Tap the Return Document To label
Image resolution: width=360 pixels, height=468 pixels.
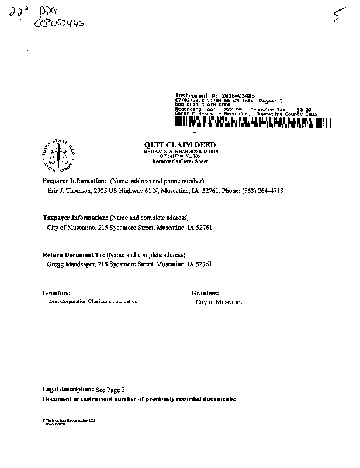pyautogui.click(x=74, y=255)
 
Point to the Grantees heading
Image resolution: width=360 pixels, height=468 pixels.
pyautogui.click(x=205, y=292)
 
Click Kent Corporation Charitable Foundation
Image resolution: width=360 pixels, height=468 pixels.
pyautogui.click(x=92, y=301)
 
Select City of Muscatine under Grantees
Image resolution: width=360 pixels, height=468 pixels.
pyautogui.click(x=219, y=302)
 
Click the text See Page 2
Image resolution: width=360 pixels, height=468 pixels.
pyautogui.click(x=110, y=389)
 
